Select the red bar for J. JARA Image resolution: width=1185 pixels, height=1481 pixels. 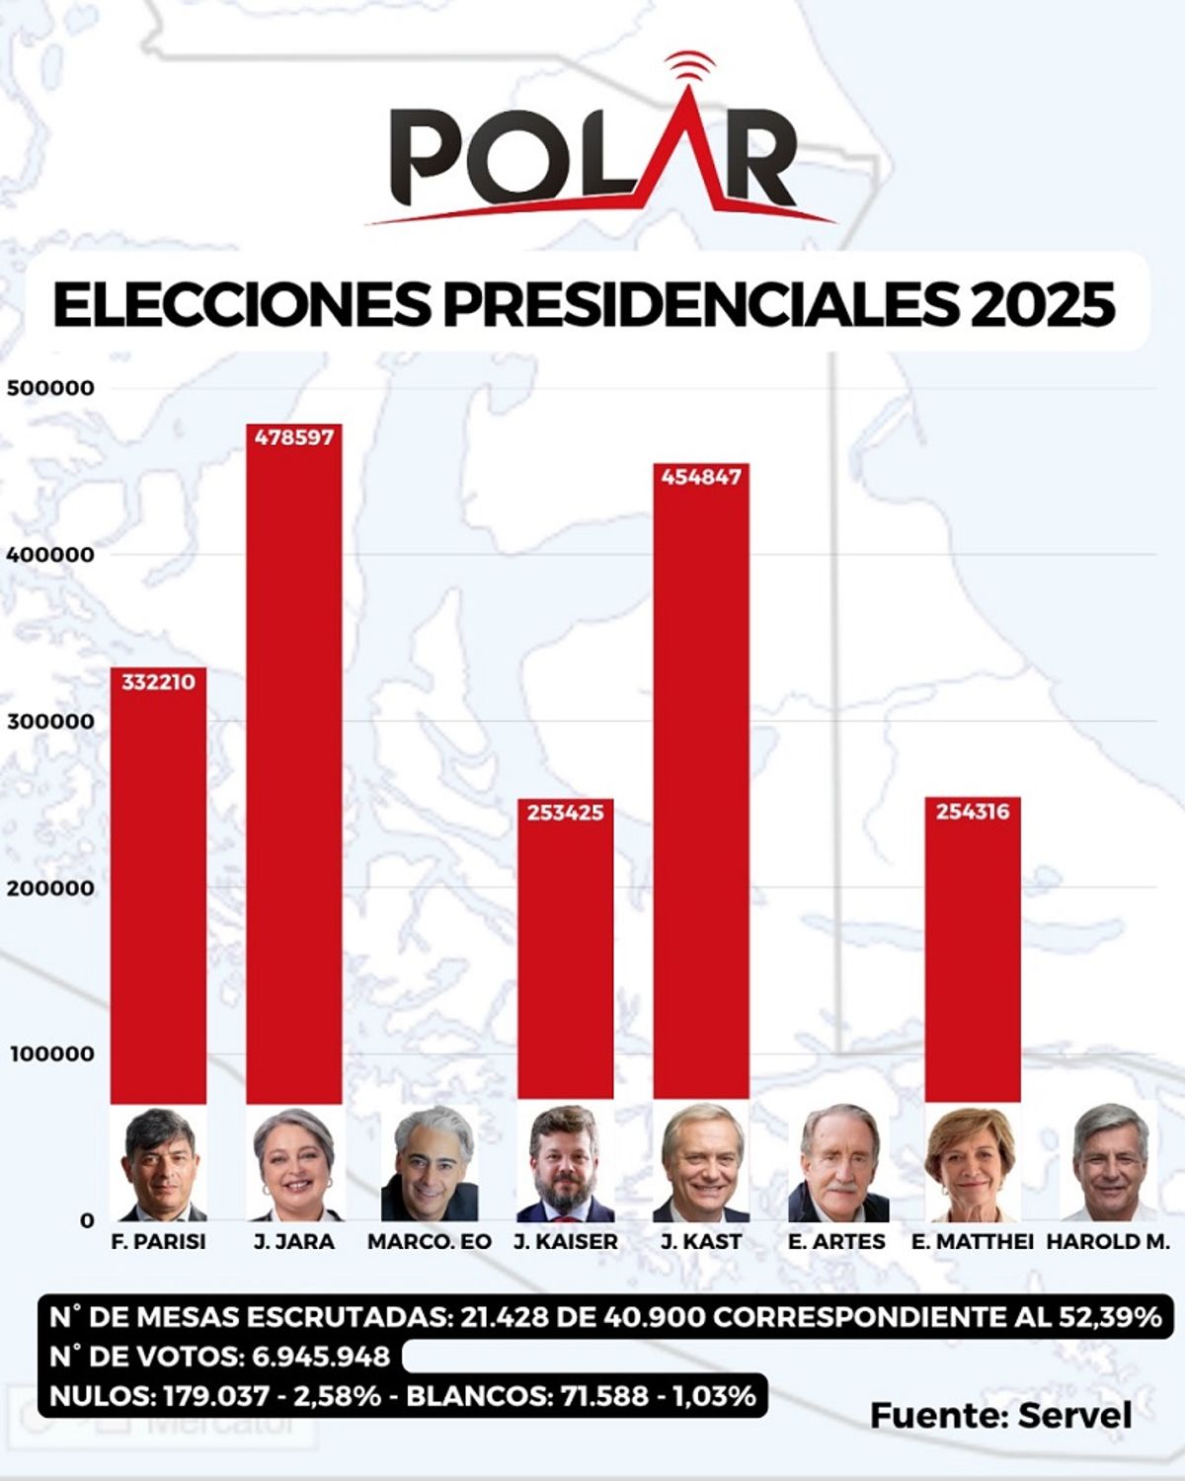(294, 770)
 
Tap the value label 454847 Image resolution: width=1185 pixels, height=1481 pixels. (701, 477)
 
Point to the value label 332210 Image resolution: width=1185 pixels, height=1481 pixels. (158, 682)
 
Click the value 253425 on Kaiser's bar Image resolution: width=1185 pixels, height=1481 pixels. (565, 813)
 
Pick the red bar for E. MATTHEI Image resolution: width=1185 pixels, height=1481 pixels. (973, 958)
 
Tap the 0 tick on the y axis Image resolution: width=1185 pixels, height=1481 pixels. (87, 1221)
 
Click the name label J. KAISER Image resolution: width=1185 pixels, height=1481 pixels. (566, 1242)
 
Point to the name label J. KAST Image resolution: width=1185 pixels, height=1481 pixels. (701, 1242)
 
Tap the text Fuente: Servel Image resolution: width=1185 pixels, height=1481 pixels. (1000, 1415)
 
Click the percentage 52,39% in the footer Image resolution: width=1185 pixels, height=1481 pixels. (1110, 1317)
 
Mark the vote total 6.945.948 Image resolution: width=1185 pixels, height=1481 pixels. (322, 1357)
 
